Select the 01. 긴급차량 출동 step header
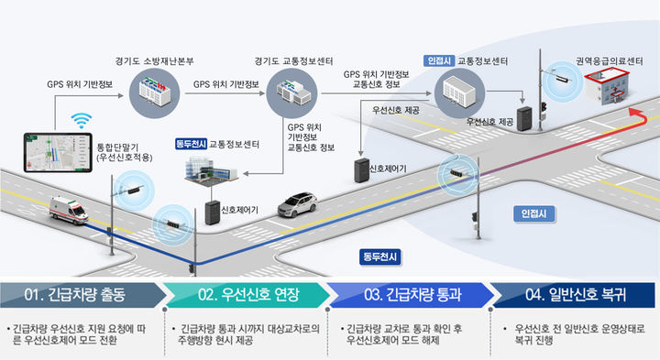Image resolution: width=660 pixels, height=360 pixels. click(x=81, y=295)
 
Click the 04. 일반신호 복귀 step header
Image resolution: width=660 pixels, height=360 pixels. click(x=576, y=295)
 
